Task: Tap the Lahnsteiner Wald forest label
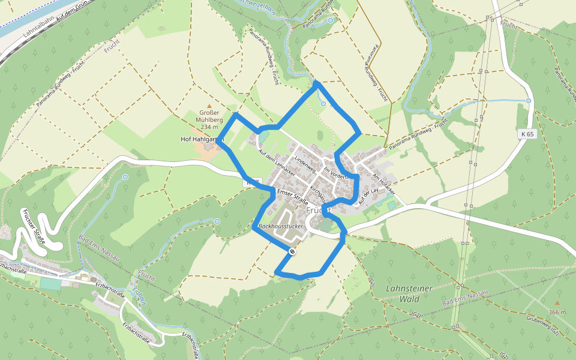click(x=409, y=293)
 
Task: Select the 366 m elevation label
click(x=557, y=313)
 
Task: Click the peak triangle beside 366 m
click(x=557, y=304)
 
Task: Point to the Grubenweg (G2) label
click(x=544, y=325)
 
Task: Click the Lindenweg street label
click(x=305, y=163)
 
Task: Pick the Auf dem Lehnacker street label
click(x=272, y=161)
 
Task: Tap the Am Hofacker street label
click(x=385, y=183)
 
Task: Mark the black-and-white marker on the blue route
click(x=292, y=252)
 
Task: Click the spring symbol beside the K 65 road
click(x=529, y=101)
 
